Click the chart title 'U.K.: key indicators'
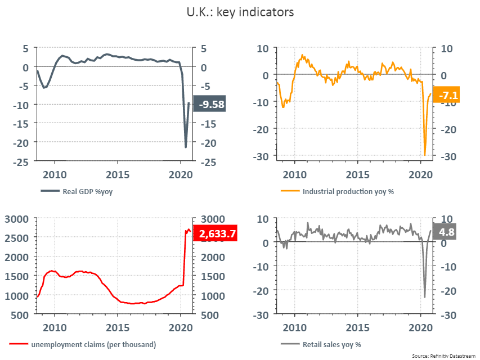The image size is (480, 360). (240, 12)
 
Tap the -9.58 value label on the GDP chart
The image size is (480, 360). (209, 104)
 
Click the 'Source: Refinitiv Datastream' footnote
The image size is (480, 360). (443, 356)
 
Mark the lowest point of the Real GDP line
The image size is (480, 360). (186, 147)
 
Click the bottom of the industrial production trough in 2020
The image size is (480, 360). (425, 155)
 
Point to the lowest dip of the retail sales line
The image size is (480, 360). (424, 297)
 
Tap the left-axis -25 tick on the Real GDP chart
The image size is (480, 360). (21, 162)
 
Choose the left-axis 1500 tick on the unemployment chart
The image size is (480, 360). (16, 276)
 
